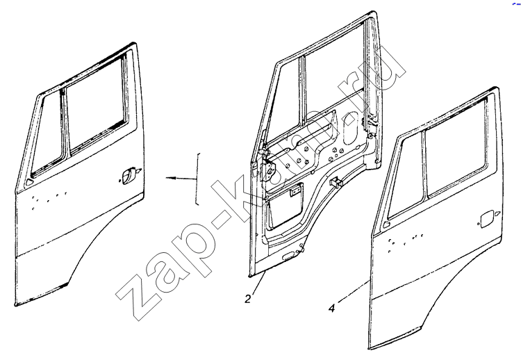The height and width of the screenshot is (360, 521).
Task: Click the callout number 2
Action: (248, 299)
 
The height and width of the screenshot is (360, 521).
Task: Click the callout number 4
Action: (331, 309)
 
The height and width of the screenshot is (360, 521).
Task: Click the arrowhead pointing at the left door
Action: (170, 178)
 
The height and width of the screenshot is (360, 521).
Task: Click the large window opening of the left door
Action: (97, 103)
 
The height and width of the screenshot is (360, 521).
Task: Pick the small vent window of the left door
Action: (47, 132)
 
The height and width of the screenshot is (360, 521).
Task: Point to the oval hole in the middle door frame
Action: (351, 128)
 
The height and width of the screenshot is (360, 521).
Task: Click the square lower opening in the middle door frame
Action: (286, 206)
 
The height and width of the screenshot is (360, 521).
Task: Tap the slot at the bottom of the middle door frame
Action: (288, 256)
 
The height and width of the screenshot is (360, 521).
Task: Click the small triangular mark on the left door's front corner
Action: (29, 182)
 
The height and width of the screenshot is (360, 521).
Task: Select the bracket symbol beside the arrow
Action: (198, 179)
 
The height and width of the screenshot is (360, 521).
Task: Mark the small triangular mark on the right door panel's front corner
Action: (386, 224)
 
